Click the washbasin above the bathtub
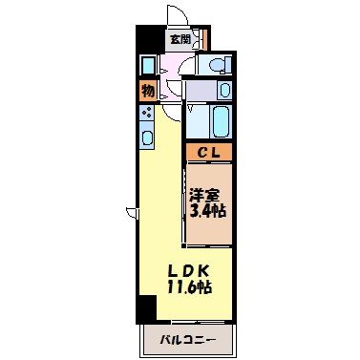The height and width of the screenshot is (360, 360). [x=223, y=91]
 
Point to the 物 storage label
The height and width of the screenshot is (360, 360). [x=148, y=91]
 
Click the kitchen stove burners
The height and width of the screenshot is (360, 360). [x=148, y=112]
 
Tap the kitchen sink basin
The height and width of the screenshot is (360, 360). [x=148, y=137]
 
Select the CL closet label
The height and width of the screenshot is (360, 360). [x=207, y=152]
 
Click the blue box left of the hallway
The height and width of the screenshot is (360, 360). [x=148, y=66]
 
